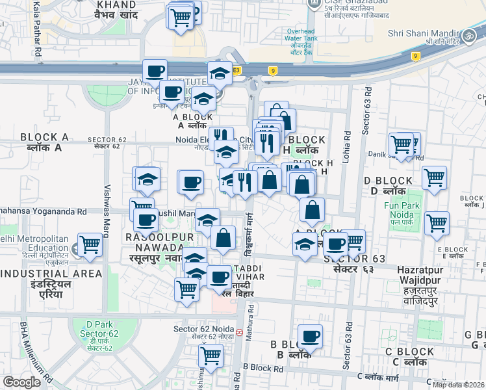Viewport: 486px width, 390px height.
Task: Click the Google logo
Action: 21,382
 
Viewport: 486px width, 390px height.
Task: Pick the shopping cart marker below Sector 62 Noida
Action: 211,356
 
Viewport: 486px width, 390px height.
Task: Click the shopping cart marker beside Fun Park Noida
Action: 437,224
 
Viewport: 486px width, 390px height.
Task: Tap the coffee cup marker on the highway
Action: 155,71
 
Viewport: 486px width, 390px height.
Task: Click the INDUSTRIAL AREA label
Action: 51,274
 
